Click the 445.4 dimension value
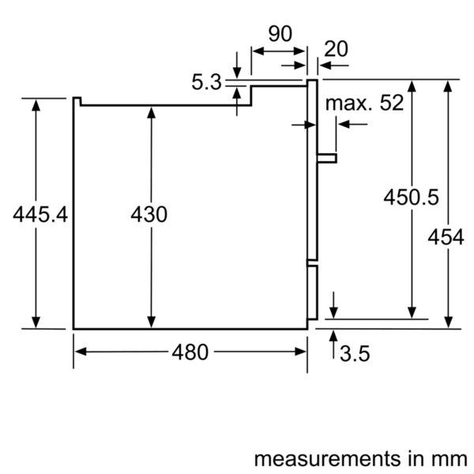40,214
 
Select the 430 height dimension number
149,214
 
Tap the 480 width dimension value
190,352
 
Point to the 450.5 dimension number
411,197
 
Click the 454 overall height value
446,237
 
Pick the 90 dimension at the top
280,33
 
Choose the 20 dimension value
336,49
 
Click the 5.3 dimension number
207,82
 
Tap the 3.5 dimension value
355,353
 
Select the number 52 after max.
392,103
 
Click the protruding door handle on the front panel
326,158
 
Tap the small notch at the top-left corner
77,101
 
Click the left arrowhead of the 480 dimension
81,352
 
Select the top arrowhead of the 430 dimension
151,112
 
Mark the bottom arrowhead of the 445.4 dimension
36,322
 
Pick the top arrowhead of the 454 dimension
448,86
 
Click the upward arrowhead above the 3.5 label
333,337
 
